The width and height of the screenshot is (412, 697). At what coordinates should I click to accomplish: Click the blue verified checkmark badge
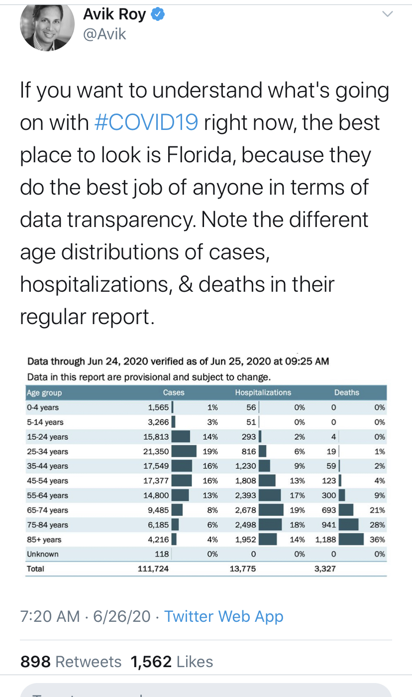point(158,14)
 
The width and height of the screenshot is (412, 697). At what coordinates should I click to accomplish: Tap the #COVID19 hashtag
point(146,122)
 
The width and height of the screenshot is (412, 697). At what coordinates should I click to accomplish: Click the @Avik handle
point(104,34)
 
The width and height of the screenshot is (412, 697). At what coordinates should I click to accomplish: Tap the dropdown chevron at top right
point(388,14)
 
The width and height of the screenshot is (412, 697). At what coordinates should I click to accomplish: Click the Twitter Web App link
point(224,616)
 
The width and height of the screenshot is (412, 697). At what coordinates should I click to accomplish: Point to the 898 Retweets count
point(71,662)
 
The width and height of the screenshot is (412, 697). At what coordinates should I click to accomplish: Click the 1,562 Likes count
point(172,662)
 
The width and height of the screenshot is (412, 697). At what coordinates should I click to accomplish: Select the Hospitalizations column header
point(263,392)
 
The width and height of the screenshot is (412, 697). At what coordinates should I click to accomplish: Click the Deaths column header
point(347,392)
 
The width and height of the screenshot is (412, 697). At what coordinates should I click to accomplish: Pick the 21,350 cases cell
point(156,451)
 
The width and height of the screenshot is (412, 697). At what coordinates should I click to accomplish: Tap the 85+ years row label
point(44,539)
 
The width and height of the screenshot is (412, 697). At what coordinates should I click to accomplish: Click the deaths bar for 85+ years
point(351,539)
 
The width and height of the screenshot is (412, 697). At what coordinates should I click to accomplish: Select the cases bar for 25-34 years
point(184,451)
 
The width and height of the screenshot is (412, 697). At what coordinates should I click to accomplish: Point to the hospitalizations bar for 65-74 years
point(271,510)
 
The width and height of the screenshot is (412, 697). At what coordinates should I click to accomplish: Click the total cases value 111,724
point(153,569)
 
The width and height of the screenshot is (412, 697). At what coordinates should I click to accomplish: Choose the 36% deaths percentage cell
point(377,539)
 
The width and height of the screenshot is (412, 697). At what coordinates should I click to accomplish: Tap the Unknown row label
point(43,554)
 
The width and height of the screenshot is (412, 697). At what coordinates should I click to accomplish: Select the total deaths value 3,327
point(325,569)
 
